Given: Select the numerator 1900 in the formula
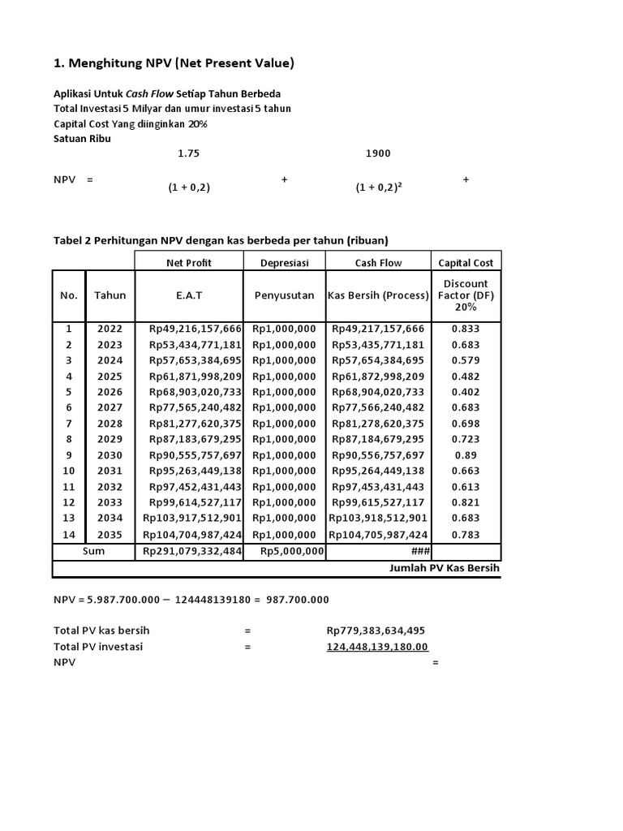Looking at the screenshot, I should point(378,153).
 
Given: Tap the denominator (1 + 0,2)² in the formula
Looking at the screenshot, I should point(380,187).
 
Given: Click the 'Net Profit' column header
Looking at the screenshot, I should point(189,262).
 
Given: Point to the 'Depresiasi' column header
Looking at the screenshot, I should point(285,262).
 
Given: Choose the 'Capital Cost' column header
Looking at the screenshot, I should point(466,262).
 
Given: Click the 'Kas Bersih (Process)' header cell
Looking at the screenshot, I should point(378,295).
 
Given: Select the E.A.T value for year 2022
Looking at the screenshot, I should point(195,329).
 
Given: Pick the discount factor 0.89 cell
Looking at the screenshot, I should point(466,455).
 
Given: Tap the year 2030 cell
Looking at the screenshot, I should point(110,455).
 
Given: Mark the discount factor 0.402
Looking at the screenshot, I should point(466,392).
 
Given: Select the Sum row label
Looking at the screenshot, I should point(93,551).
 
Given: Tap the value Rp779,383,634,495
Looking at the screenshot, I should point(376,631).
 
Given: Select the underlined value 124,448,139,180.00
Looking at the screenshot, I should point(377,647).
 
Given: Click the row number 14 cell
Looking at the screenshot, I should point(69,535).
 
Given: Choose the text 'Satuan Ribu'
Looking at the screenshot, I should point(83,138).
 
